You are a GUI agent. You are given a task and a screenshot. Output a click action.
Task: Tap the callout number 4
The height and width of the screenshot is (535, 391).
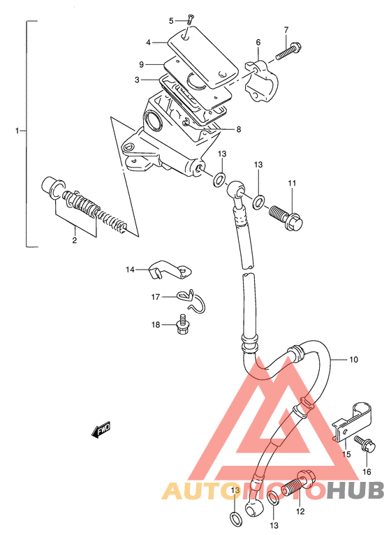148,43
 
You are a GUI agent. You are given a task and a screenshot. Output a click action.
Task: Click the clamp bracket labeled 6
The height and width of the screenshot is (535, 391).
262,81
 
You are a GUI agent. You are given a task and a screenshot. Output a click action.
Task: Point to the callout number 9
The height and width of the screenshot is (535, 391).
142,64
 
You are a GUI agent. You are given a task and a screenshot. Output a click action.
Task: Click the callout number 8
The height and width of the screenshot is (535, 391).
239,129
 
